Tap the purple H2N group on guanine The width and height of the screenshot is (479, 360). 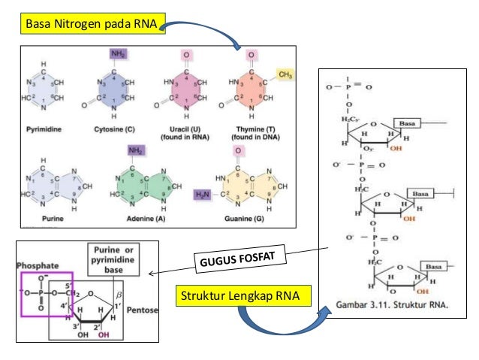click(203, 194)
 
